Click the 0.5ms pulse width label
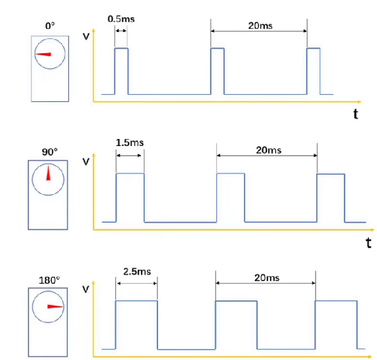pyautogui.click(x=121, y=19)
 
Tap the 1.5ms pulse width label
pyautogui.click(x=129, y=143)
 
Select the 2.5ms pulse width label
pyautogui.click(x=137, y=272)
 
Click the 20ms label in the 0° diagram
pyautogui.click(x=260, y=26)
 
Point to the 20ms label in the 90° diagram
pyautogui.click(x=269, y=150)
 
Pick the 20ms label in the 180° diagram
pyautogui.click(x=267, y=278)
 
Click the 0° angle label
pyautogui.click(x=50, y=26)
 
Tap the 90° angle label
pyautogui.click(x=49, y=152)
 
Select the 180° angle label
pyautogui.click(x=49, y=281)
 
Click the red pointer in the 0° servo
pyautogui.click(x=44, y=54)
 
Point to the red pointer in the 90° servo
pyautogui.click(x=49, y=172)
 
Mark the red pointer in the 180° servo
pyautogui.click(x=55, y=307)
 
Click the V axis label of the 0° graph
pyautogui.click(x=86, y=37)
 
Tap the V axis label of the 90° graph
pyautogui.click(x=86, y=161)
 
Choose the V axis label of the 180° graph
pyautogui.click(x=86, y=290)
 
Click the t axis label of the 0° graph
pyautogui.click(x=356, y=114)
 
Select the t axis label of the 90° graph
pyautogui.click(x=369, y=243)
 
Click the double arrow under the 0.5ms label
pyautogui.click(x=121, y=31)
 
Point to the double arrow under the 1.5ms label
pyautogui.click(x=129, y=156)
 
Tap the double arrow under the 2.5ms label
pyautogui.click(x=137, y=283)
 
